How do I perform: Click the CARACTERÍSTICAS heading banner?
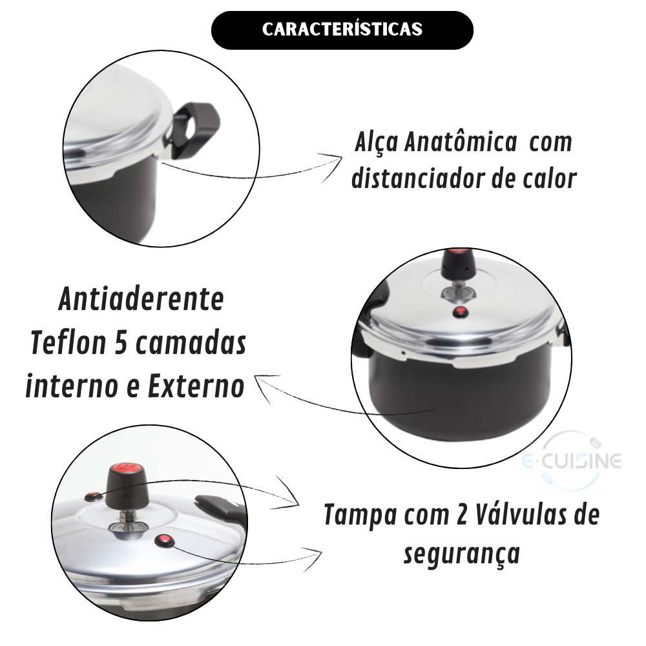[342, 30]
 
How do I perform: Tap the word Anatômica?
[460, 143]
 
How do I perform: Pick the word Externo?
[196, 386]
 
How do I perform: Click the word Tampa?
[360, 516]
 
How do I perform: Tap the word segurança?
[461, 554]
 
